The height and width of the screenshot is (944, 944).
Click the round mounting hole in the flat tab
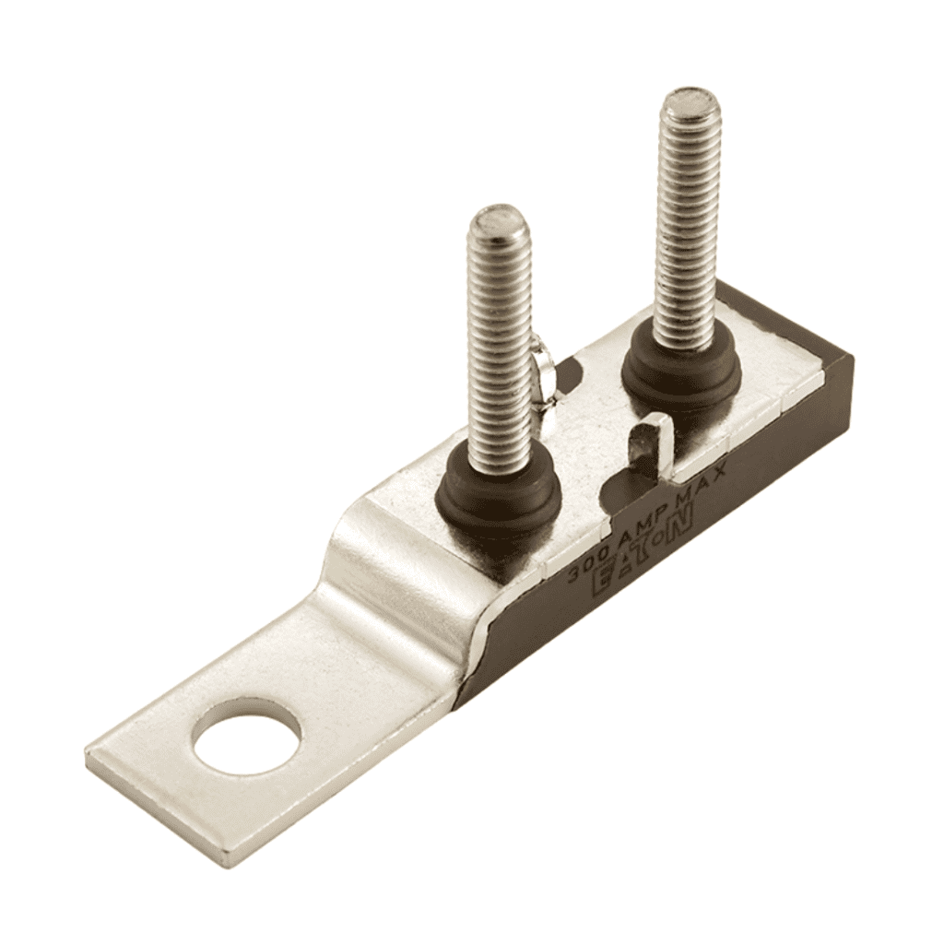247,737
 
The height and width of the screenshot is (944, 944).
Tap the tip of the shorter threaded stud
498,222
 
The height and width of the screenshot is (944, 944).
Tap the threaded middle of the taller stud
687,230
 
